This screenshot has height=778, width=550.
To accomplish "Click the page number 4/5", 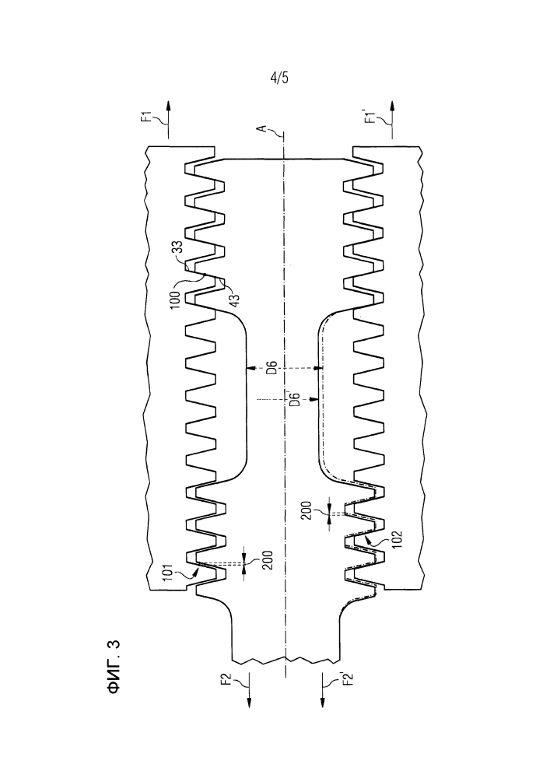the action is [x=279, y=78].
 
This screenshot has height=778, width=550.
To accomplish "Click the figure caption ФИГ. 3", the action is [x=114, y=667].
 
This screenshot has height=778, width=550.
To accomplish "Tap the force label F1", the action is [x=145, y=117].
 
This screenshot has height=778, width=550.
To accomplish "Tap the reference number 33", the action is [x=177, y=247].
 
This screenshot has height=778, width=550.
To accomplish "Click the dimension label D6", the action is [x=271, y=369].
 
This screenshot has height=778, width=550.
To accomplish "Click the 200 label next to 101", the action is [x=269, y=560].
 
